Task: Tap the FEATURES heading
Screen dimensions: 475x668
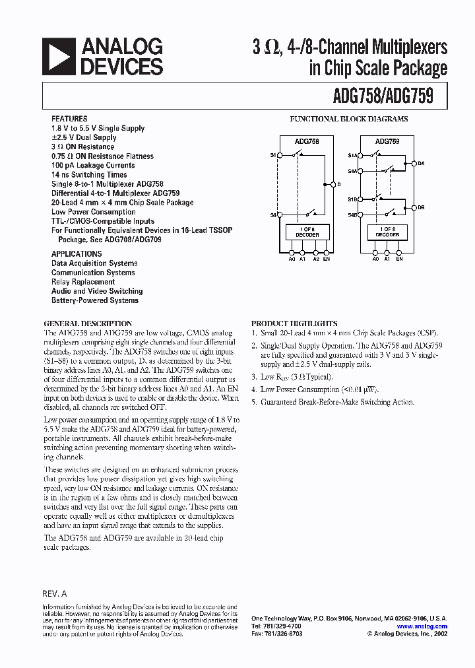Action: point(69,119)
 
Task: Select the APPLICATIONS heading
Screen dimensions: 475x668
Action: point(77,253)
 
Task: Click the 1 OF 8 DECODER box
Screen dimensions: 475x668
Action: point(307,232)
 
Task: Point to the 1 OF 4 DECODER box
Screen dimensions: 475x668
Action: point(387,232)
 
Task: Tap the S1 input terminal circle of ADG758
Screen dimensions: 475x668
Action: point(279,156)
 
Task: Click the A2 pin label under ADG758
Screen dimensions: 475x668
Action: point(316,259)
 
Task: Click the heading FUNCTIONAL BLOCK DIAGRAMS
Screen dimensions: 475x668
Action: point(349,119)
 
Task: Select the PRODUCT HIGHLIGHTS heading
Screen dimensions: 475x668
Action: point(294,323)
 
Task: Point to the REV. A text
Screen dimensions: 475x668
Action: point(55,593)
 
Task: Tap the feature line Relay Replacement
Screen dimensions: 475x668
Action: point(83,282)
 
